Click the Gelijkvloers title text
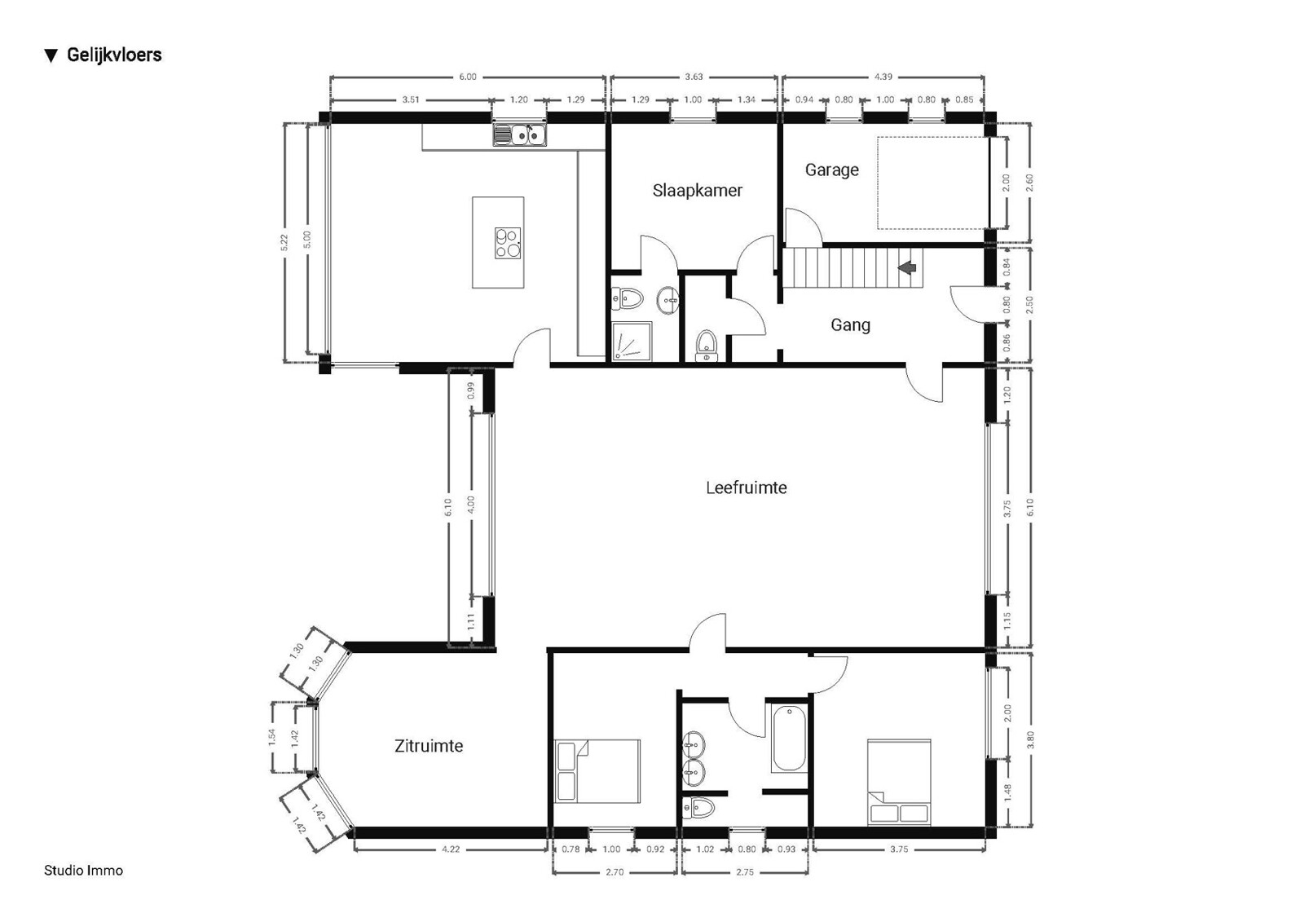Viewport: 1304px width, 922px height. click(114, 55)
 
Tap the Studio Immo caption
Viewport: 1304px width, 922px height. click(84, 870)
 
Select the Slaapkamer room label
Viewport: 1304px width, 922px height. click(698, 191)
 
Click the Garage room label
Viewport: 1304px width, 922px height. click(832, 170)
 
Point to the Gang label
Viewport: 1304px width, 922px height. click(851, 325)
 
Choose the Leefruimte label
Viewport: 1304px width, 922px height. click(747, 487)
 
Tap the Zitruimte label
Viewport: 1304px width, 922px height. click(429, 746)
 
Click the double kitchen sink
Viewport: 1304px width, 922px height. click(520, 135)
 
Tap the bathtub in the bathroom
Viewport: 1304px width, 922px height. click(790, 739)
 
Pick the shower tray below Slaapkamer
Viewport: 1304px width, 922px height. click(632, 342)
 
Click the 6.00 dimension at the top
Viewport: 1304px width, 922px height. click(468, 77)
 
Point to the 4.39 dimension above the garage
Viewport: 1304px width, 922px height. click(883, 77)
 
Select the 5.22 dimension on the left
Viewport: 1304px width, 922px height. click(284, 243)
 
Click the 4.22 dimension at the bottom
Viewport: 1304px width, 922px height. click(451, 849)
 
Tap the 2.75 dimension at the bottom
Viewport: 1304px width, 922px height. click(745, 872)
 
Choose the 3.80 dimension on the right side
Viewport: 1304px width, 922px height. click(1030, 739)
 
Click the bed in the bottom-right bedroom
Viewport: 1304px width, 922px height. click(899, 783)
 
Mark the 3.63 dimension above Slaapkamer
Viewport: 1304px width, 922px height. click(694, 77)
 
